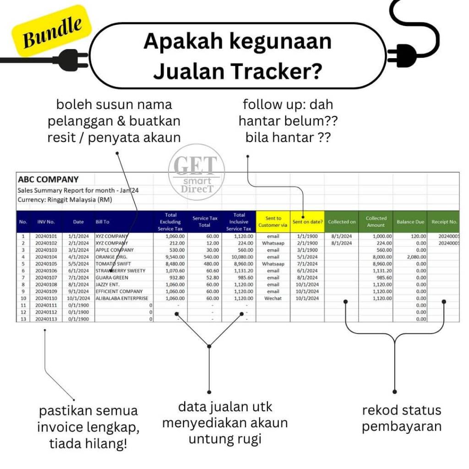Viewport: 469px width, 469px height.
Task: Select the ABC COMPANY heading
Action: tap(48, 180)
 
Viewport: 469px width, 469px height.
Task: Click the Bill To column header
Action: tap(103, 222)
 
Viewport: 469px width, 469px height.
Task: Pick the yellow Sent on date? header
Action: tap(307, 222)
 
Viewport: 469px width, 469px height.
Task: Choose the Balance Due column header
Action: tap(410, 222)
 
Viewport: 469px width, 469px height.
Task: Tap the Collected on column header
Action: tap(342, 222)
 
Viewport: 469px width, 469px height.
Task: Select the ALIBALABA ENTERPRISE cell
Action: tap(122, 298)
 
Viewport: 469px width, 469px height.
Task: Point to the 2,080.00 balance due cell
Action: tap(415, 257)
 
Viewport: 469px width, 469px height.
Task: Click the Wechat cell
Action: tap(273, 298)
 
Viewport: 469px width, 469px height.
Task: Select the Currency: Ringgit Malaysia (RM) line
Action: tap(65, 200)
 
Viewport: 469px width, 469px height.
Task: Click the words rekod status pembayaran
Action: tap(402, 418)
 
